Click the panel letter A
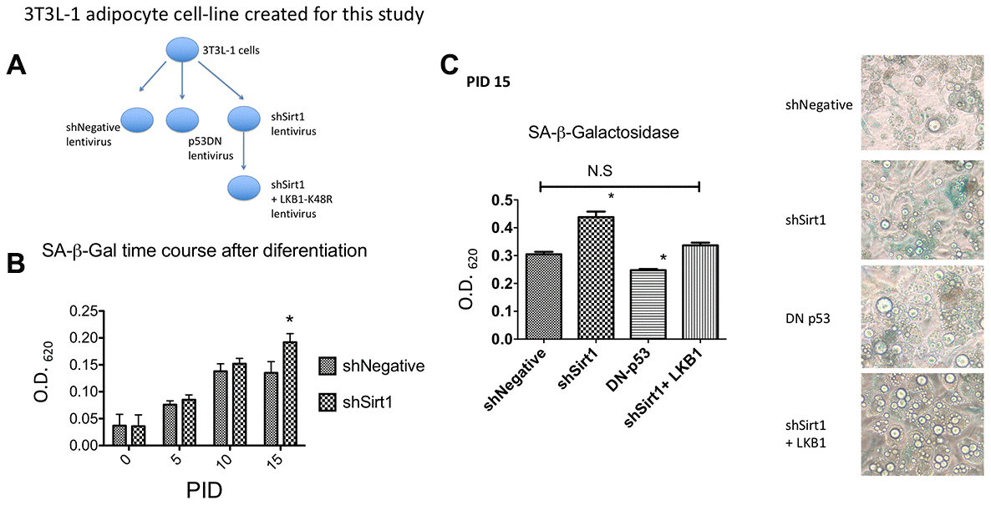click(18, 66)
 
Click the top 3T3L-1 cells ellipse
click(181, 51)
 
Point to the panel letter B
click(17, 262)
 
